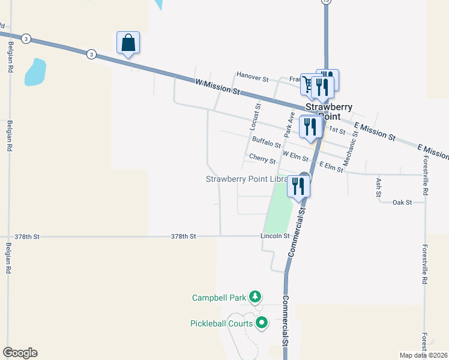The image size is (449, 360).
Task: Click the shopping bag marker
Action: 128,43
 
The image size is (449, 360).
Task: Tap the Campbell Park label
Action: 220,298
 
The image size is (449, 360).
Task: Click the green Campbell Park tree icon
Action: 256,296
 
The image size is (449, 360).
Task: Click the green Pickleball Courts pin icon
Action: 261,323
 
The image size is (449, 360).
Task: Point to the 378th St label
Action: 183,236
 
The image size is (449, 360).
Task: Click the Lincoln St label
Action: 276,236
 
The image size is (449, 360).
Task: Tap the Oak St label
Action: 402,203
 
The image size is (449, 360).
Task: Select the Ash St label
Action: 378,183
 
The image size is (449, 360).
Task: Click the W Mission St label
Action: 217,86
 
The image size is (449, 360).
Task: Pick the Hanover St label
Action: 252,77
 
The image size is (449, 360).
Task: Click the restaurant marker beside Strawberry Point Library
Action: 298,186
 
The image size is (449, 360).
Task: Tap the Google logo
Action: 20,353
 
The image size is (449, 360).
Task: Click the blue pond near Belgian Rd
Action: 35,73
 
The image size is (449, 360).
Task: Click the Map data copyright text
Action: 423,355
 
